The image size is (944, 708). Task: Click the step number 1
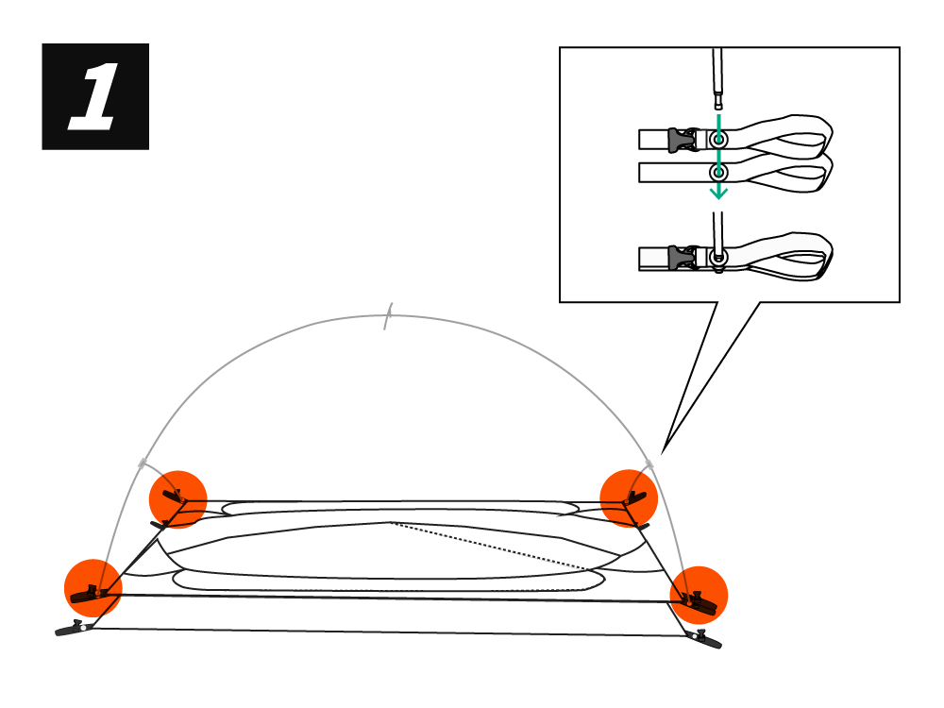click(94, 96)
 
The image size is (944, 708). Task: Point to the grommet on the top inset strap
click(719, 140)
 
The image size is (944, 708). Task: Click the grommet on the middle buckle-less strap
click(719, 173)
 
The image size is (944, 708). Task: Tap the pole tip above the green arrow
click(719, 99)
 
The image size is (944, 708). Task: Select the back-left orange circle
click(177, 498)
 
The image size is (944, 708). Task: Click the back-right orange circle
click(629, 497)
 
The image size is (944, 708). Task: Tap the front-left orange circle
click(93, 588)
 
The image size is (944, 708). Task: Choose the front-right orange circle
click(699, 595)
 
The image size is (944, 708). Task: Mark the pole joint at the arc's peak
click(387, 317)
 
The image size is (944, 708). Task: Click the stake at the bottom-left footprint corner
click(72, 629)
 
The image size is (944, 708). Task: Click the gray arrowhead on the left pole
click(143, 463)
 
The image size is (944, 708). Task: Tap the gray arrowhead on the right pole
click(649, 464)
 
